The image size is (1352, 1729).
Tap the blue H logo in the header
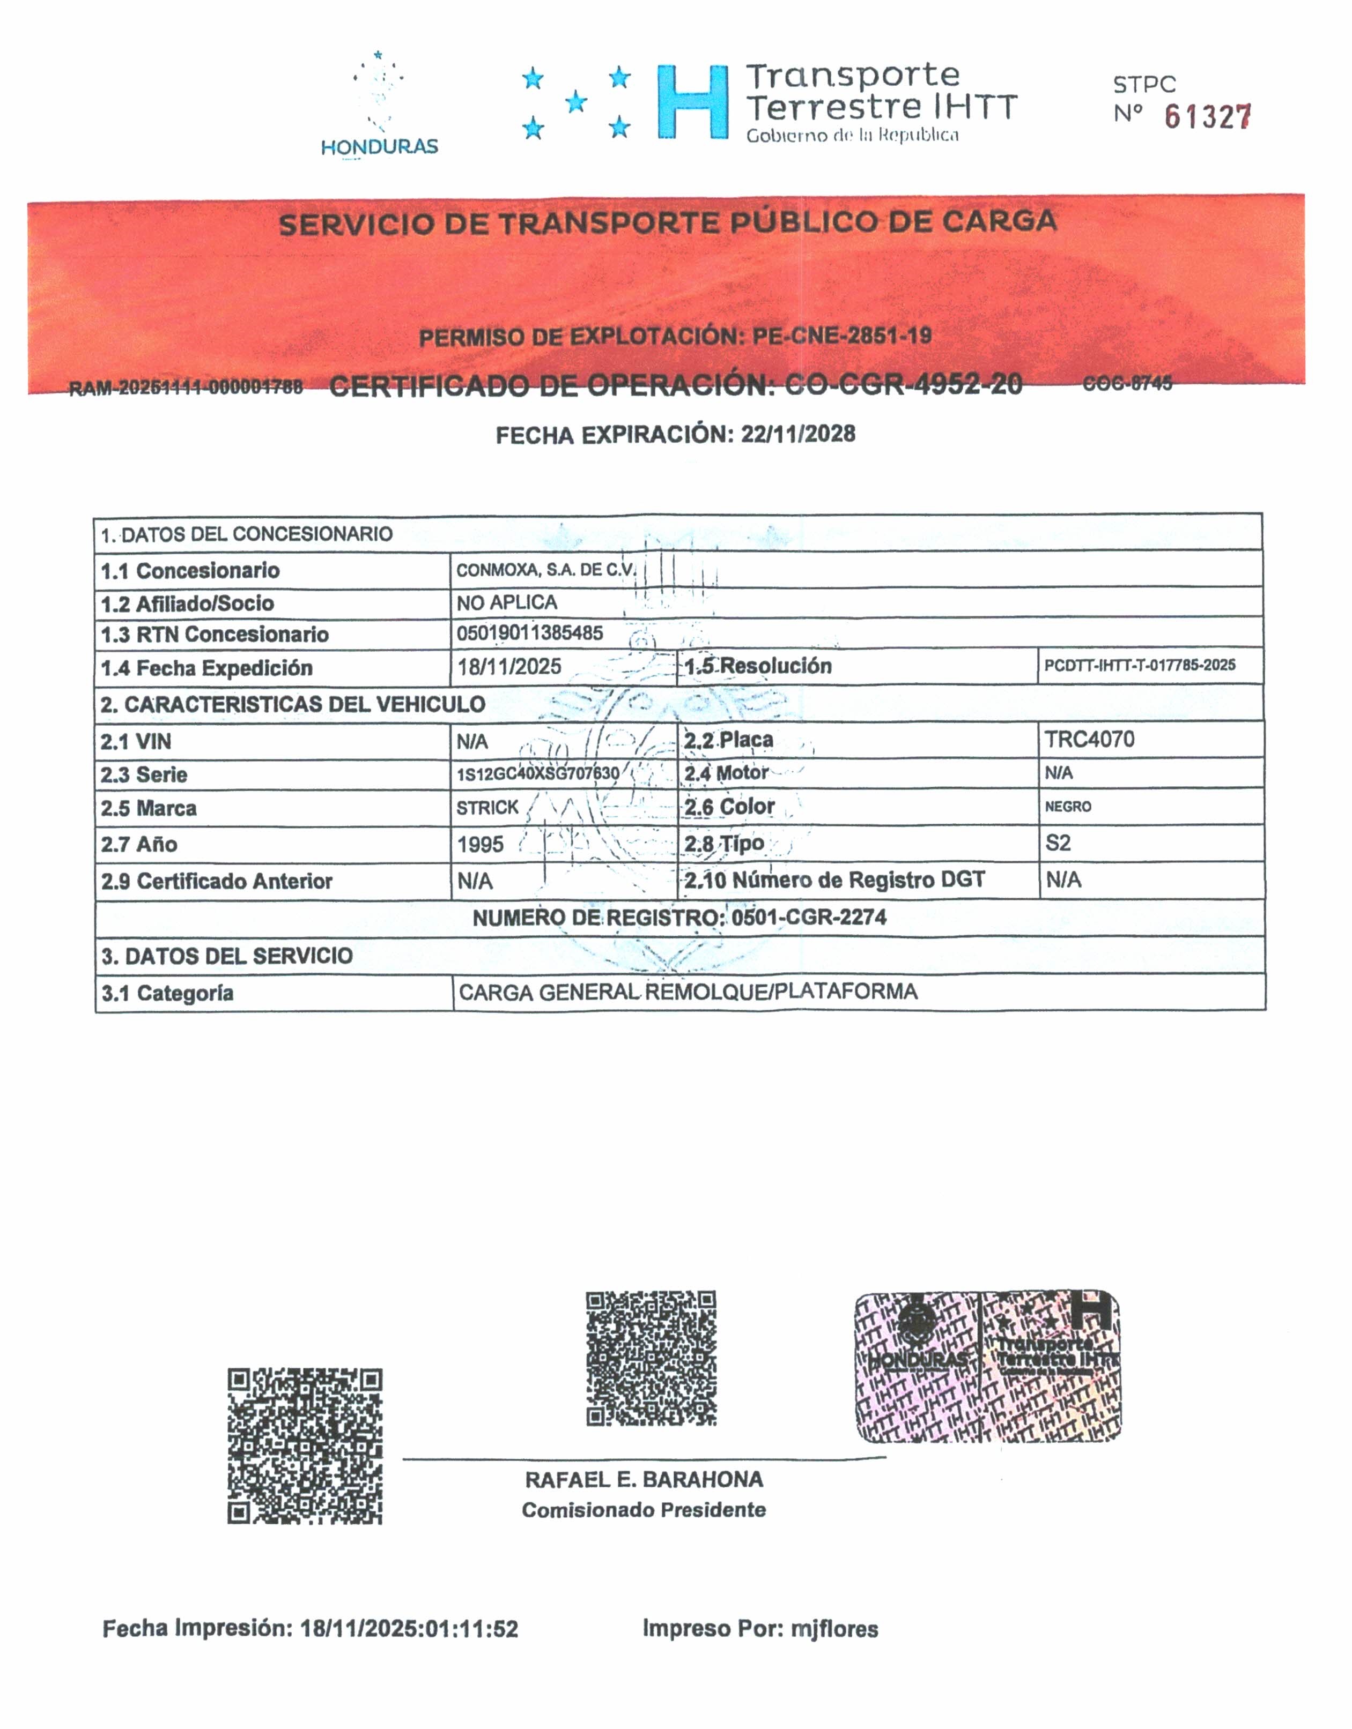[x=692, y=103]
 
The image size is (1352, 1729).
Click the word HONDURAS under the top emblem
[x=379, y=146]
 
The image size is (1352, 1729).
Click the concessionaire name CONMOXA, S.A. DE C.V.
[x=546, y=570]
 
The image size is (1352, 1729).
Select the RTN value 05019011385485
[x=530, y=632]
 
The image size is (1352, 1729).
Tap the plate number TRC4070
[x=1089, y=740]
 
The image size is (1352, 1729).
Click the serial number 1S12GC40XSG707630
[x=538, y=773]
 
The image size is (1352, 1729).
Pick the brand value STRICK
[x=487, y=808]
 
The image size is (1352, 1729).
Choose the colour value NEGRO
[x=1068, y=807]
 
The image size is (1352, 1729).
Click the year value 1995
[x=480, y=844]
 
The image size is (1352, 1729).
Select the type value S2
[x=1058, y=843]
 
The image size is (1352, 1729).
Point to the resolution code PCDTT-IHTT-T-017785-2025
[x=1139, y=665]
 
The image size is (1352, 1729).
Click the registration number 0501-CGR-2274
[x=809, y=918]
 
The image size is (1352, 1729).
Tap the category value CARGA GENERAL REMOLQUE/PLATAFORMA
[x=688, y=992]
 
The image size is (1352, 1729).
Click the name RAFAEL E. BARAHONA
[x=644, y=1480]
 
